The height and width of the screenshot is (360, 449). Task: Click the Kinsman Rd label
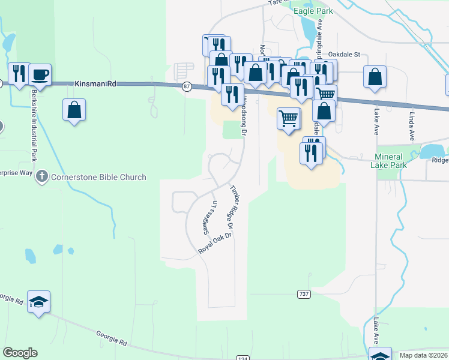tap(95, 85)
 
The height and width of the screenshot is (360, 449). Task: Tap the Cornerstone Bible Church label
tap(99, 177)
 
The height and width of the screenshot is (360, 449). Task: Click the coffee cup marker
tap(40, 74)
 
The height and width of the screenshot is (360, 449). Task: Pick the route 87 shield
tap(187, 87)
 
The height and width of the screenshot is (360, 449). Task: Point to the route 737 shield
tap(304, 293)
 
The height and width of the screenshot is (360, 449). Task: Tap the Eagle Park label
tap(313, 11)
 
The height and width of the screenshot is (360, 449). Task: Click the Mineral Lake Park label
tap(388, 160)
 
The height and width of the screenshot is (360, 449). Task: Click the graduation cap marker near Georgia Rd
tap(39, 301)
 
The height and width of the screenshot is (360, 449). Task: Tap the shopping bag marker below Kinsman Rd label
tap(74, 110)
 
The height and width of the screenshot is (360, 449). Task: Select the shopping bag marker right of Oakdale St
tap(375, 76)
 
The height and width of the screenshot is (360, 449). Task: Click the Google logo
tap(20, 353)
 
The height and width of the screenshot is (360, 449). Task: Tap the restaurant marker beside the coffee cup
tap(19, 74)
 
